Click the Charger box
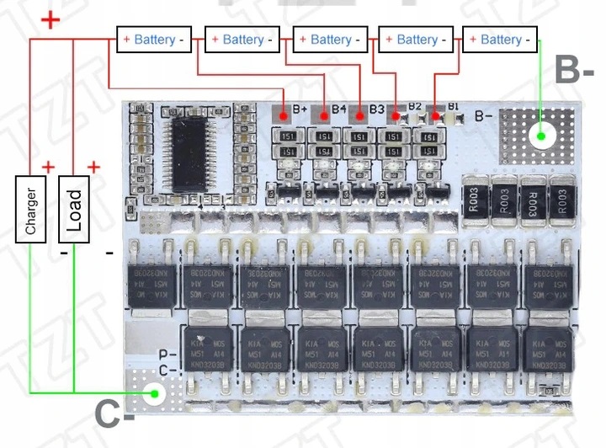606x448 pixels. point(31,208)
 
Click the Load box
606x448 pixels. point(74,209)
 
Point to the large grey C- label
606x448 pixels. point(115,414)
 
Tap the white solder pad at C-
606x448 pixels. point(154,392)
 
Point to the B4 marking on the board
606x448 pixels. point(338,109)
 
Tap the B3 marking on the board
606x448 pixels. point(377,109)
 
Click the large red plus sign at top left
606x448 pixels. point(50,19)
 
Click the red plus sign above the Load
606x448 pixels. point(93,166)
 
